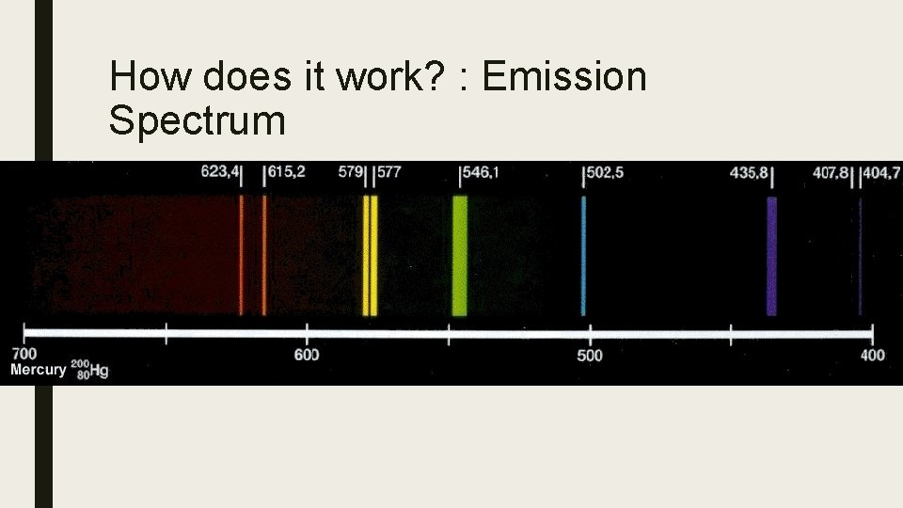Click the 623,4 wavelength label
[220, 173]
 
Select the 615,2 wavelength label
[288, 173]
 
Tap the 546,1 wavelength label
[480, 173]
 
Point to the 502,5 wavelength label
[605, 173]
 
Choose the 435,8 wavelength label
[750, 173]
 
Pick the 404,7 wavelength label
[883, 173]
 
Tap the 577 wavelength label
[389, 173]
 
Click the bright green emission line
[459, 256]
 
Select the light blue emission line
[583, 256]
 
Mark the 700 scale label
[23, 355]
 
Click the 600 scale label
[307, 355]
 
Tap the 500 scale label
[590, 355]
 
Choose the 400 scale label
[873, 355]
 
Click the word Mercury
[38, 370]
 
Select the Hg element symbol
[99, 371]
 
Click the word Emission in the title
[564, 76]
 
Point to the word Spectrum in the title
[197, 120]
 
